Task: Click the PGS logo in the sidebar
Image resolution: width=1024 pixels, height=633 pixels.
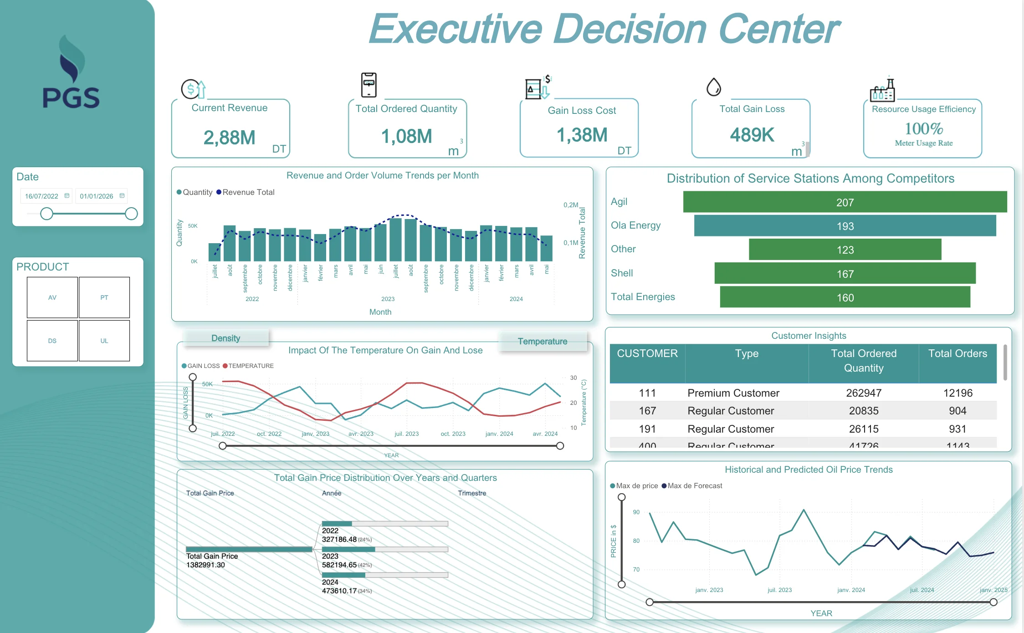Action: pyautogui.click(x=72, y=73)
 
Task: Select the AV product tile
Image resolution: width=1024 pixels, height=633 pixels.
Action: pyautogui.click(x=52, y=297)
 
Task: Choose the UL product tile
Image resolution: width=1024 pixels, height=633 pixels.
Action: pyautogui.click(x=104, y=341)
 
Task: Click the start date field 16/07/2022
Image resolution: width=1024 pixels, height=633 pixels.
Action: pyautogui.click(x=42, y=196)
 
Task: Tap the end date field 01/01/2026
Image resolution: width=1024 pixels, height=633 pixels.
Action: pyautogui.click(x=97, y=196)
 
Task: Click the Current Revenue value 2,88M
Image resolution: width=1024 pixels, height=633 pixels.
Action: pyautogui.click(x=229, y=138)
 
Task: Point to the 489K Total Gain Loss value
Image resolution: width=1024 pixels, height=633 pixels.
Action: pyautogui.click(x=752, y=135)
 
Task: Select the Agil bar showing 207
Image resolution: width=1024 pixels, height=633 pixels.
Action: pyautogui.click(x=845, y=202)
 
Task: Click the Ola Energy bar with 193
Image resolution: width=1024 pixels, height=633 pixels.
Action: pyautogui.click(x=845, y=226)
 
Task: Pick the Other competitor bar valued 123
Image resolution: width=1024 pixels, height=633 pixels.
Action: pyautogui.click(x=845, y=250)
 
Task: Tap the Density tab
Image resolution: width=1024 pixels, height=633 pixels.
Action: pyautogui.click(x=225, y=338)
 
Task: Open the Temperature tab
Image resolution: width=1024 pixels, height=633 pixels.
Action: pyautogui.click(x=543, y=341)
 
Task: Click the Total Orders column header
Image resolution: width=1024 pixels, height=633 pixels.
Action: pyautogui.click(x=957, y=354)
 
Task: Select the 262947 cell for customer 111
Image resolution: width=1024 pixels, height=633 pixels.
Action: pyautogui.click(x=864, y=393)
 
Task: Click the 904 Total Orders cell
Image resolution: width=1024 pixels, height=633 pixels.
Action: pyautogui.click(x=957, y=411)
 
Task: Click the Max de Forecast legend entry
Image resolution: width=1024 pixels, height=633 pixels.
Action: pyautogui.click(x=695, y=486)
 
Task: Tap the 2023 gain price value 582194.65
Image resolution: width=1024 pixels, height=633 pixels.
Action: pyautogui.click(x=339, y=565)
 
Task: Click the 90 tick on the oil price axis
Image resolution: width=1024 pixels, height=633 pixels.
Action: pyautogui.click(x=636, y=512)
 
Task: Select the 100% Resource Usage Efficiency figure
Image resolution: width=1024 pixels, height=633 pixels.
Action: pyautogui.click(x=923, y=129)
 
